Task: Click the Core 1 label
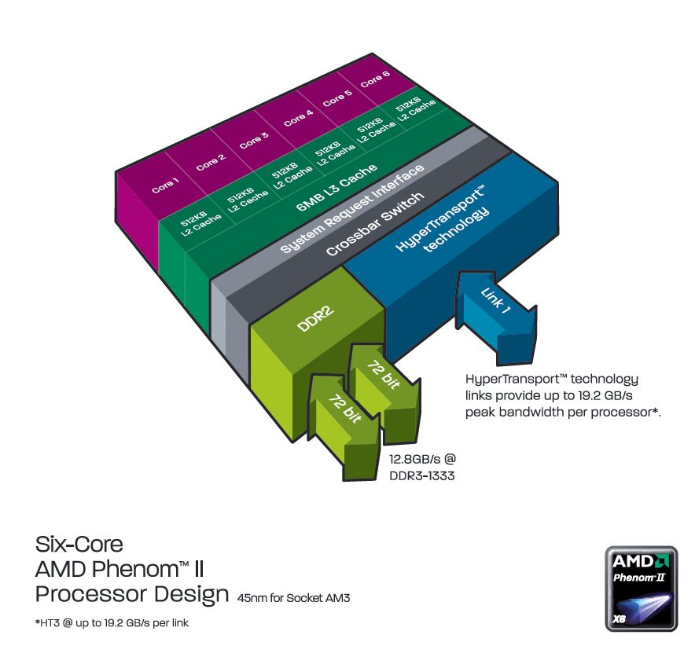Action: pyautogui.click(x=165, y=186)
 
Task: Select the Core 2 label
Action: pyautogui.click(x=210, y=163)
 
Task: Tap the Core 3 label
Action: pyautogui.click(x=254, y=141)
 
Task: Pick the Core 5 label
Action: pyautogui.click(x=337, y=99)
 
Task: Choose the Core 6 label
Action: pyautogui.click(x=375, y=79)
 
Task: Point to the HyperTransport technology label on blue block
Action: pyautogui.click(x=443, y=223)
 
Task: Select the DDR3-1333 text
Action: pyautogui.click(x=423, y=475)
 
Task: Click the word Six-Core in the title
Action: pyautogui.click(x=79, y=543)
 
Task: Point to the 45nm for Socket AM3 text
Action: pyautogui.click(x=293, y=598)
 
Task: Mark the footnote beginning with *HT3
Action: pyautogui.click(x=112, y=623)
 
